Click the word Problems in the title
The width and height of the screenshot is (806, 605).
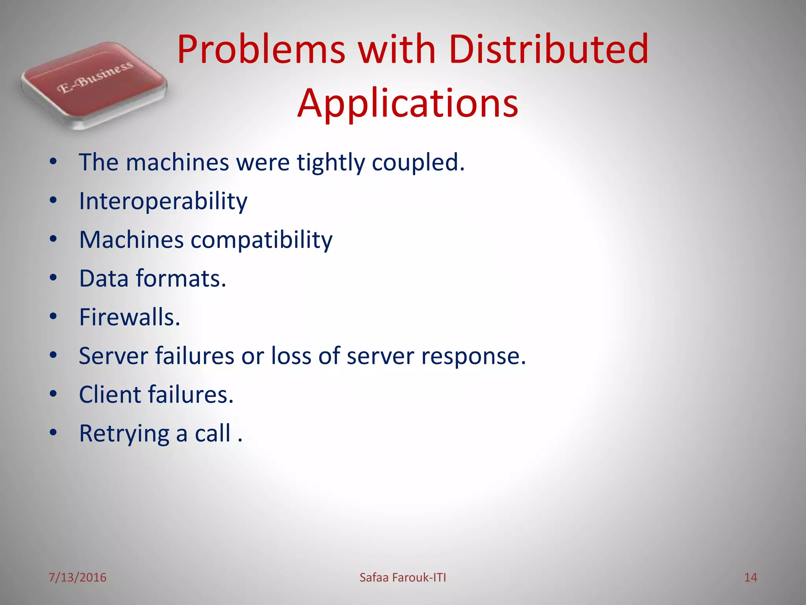pyautogui.click(x=261, y=50)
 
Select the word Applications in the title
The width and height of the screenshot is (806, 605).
pyautogui.click(x=408, y=103)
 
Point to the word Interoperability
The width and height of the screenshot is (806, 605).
pyautogui.click(x=163, y=202)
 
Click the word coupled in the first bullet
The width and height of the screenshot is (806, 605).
pyautogui.click(x=418, y=162)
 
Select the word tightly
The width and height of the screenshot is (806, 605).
pyautogui.click(x=331, y=162)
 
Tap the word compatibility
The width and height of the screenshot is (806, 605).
pyautogui.click(x=261, y=240)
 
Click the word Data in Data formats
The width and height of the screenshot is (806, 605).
pyautogui.click(x=104, y=278)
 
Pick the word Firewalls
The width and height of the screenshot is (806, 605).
pyautogui.click(x=129, y=317)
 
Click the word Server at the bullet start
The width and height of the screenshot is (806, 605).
pyautogui.click(x=113, y=356)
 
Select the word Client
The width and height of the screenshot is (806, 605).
pyautogui.click(x=110, y=395)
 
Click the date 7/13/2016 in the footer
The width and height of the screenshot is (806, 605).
pyautogui.click(x=77, y=577)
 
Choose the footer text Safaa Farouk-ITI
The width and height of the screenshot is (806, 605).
pyautogui.click(x=403, y=577)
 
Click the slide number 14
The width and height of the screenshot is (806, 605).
pyautogui.click(x=750, y=577)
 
